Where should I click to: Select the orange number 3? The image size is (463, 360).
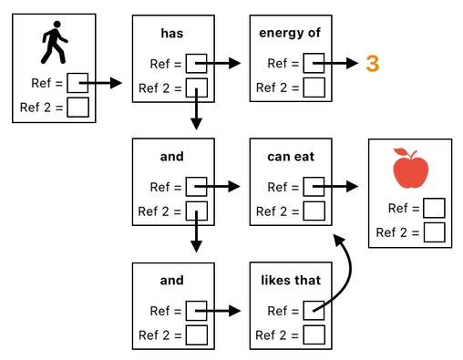[372, 64]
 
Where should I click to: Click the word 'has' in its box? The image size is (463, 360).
[172, 33]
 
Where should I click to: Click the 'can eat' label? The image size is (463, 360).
[290, 157]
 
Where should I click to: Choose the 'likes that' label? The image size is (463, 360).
[290, 280]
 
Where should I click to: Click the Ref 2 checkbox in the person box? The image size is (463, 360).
[77, 108]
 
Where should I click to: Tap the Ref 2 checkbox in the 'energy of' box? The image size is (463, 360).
[314, 88]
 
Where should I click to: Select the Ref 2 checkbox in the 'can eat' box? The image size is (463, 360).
[314, 211]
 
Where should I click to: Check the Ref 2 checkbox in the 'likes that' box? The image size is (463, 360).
[314, 334]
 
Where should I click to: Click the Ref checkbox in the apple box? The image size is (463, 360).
[434, 208]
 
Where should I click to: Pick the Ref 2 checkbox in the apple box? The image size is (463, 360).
[434, 231]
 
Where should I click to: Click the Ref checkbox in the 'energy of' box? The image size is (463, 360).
[314, 64]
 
